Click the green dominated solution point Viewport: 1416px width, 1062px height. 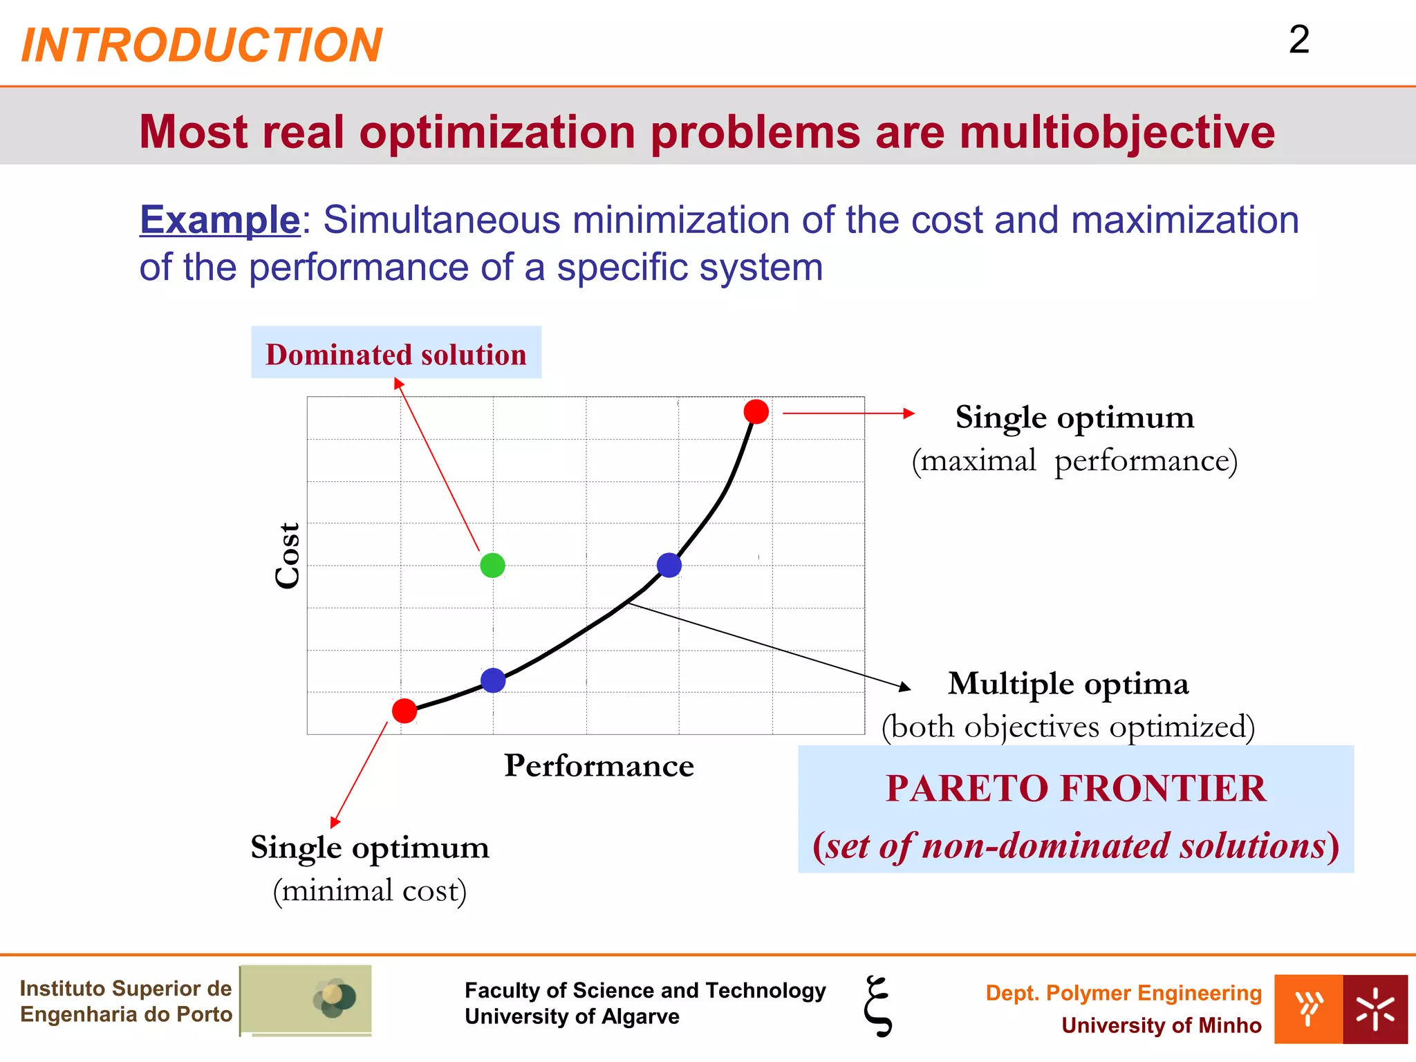(492, 566)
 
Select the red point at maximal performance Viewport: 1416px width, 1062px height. (756, 411)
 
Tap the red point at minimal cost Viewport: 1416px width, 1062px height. (404, 710)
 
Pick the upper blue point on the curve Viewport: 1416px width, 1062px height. (669, 565)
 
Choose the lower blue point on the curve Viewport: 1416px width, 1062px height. (493, 680)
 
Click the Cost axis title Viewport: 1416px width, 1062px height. (288, 556)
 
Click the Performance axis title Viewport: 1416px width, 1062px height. (599, 766)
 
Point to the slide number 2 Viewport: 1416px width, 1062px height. (1299, 40)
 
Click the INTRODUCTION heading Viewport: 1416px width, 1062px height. (202, 46)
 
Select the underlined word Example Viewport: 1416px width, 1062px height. (220, 221)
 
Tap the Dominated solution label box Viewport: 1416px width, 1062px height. (396, 353)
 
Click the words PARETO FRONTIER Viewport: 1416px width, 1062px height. (1076, 788)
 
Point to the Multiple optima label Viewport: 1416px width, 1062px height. (1068, 684)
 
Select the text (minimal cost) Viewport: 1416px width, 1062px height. (370, 891)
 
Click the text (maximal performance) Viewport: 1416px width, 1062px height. (1074, 461)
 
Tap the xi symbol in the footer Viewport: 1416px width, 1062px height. (878, 1006)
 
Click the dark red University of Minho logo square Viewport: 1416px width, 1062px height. (1375, 1009)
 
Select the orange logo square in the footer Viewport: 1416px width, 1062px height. (1308, 1009)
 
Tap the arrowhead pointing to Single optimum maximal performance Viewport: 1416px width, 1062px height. (910, 413)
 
